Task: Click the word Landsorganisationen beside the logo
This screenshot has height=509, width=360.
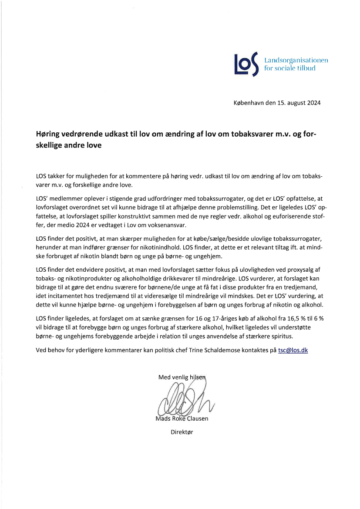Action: pos(296,60)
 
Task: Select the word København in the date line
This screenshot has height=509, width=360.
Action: pos(249,103)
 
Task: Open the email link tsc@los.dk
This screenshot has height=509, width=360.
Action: pos(293,350)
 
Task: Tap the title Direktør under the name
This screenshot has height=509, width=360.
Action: pos(182,432)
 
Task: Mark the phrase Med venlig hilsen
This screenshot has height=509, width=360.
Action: pos(182,377)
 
